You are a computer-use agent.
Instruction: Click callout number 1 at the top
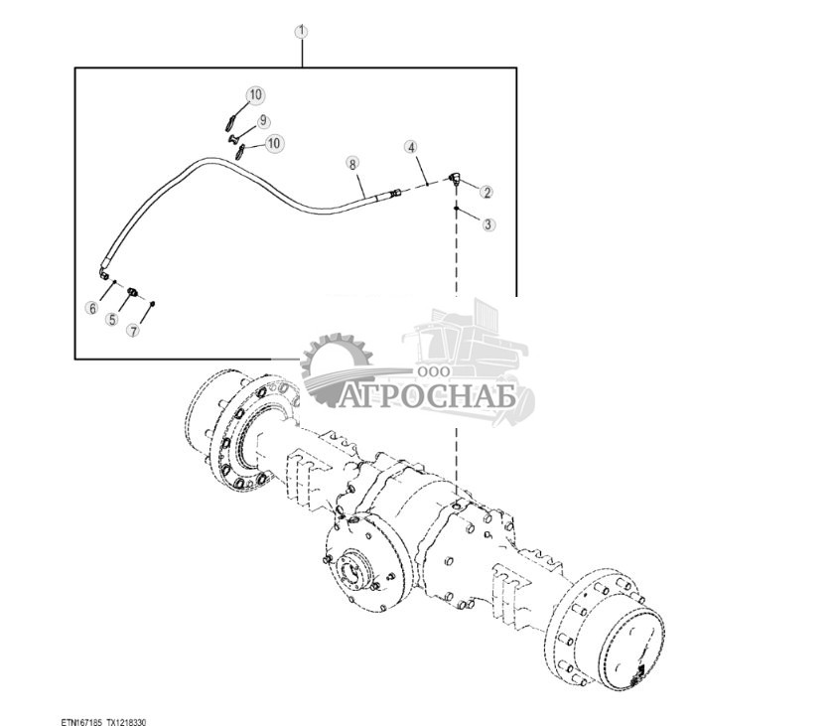tap(302, 31)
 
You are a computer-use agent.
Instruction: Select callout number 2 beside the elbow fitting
tap(487, 191)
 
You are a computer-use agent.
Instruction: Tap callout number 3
tap(487, 224)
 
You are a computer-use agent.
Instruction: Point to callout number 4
tap(411, 148)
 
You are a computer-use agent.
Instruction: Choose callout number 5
tap(112, 320)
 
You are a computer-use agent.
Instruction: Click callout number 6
tap(91, 309)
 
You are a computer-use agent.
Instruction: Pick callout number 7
tap(132, 330)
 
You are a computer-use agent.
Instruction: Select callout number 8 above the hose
tap(351, 162)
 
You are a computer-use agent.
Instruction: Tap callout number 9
tap(263, 120)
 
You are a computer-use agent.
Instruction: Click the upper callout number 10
tap(255, 95)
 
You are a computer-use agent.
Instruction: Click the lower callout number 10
tap(274, 144)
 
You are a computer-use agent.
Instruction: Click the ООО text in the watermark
tap(435, 370)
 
